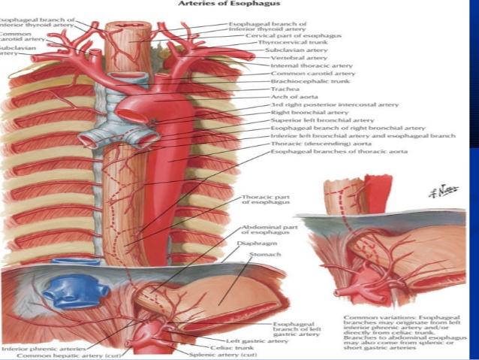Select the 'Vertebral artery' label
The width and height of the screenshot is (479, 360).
[x=288, y=58]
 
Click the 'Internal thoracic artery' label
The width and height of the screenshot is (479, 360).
[x=300, y=66]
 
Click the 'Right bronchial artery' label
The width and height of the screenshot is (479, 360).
[x=299, y=113]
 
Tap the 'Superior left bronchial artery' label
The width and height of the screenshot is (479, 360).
[x=309, y=120]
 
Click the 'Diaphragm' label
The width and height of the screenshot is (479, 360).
[x=252, y=244]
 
